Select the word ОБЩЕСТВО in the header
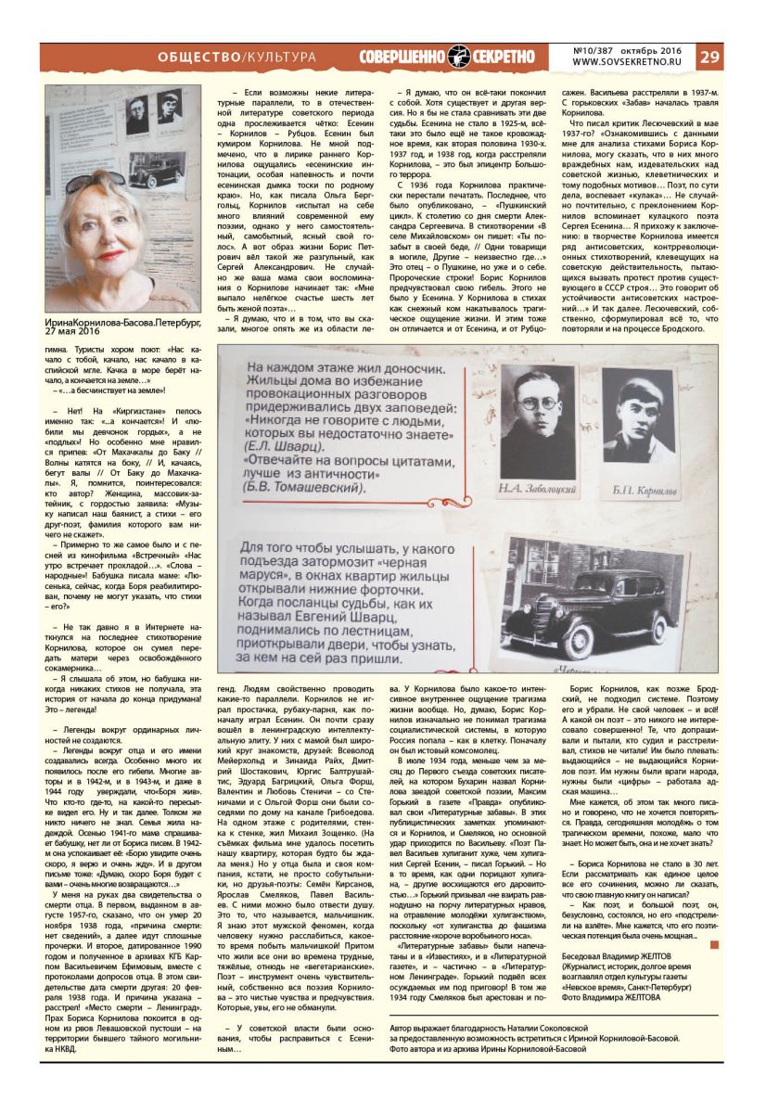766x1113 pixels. point(198,57)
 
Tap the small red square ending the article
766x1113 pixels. point(714,945)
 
